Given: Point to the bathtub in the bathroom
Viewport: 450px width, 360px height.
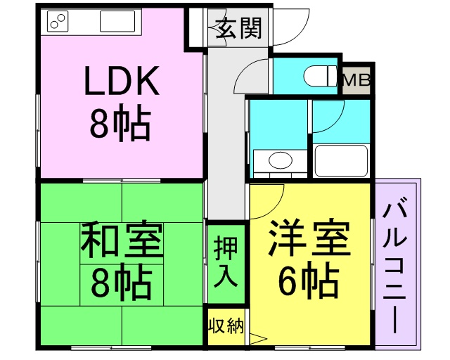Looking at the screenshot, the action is click(x=341, y=160).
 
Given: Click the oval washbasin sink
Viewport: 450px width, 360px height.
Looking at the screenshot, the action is click(x=280, y=160).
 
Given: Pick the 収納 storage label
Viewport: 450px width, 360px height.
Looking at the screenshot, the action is click(x=225, y=326).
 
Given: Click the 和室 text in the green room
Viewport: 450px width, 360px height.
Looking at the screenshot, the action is click(x=121, y=241).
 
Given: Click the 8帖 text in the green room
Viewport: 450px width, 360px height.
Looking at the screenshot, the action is click(x=120, y=281).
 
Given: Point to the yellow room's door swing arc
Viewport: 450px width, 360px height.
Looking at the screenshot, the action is click(x=267, y=195).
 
